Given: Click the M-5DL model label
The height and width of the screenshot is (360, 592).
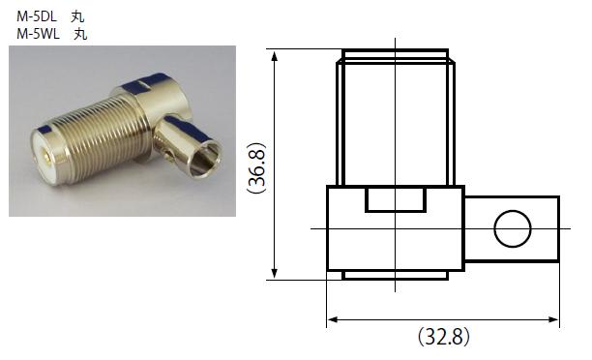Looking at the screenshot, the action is click(37, 16).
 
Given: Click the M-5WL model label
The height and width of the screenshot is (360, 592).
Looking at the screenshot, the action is click(38, 34).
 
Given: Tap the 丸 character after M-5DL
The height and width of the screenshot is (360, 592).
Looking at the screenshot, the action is click(77, 17).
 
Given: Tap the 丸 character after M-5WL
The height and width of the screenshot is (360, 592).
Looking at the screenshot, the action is click(80, 35).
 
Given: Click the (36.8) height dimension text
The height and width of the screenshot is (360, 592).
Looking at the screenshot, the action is click(256, 168).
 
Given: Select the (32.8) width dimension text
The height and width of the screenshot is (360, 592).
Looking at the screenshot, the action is click(444, 336).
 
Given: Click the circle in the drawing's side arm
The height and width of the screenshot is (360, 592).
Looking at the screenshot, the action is click(513, 228).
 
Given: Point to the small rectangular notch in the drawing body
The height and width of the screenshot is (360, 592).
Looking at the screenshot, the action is click(396, 199).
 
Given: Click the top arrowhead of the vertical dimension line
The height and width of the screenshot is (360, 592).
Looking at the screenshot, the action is click(275, 55).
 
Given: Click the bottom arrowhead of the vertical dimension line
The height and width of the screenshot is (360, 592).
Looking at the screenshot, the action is click(275, 274).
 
